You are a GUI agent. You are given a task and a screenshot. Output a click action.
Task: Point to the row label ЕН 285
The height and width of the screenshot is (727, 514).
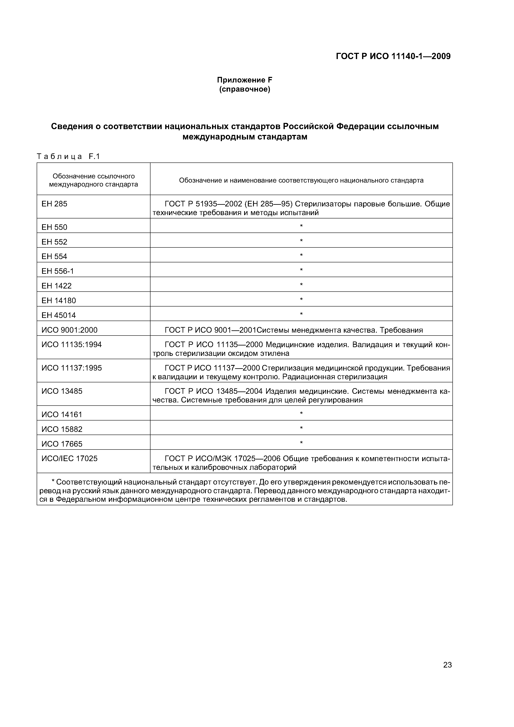[x=55, y=204]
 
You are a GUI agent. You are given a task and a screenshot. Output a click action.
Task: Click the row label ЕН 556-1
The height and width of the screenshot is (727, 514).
[x=58, y=271]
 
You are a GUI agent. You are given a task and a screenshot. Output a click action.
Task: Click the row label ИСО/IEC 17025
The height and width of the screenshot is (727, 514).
[x=69, y=458]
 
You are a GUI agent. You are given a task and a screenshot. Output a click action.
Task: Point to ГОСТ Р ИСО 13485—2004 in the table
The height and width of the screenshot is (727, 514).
[x=213, y=391]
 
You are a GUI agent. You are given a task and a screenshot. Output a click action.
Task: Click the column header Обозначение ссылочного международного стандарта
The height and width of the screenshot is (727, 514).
[x=93, y=180]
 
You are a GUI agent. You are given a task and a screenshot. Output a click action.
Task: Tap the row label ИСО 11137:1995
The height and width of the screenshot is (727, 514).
[x=72, y=368]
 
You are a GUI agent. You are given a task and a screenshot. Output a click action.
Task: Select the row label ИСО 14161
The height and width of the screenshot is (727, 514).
[x=62, y=414]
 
